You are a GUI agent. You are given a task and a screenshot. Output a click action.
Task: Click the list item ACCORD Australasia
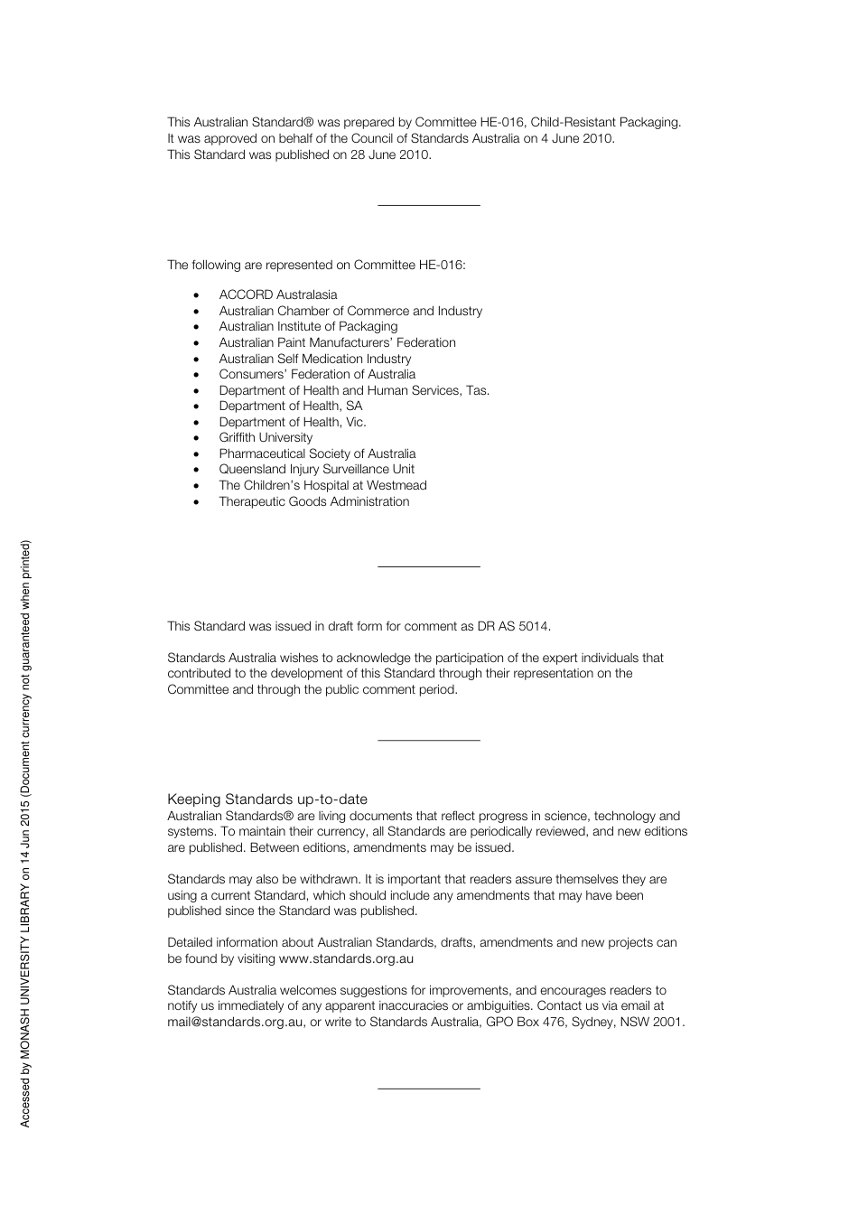(x=277, y=294)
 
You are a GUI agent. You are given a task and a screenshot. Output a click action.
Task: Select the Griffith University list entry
(x=266, y=437)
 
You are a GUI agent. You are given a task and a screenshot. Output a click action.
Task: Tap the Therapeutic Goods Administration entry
(x=313, y=501)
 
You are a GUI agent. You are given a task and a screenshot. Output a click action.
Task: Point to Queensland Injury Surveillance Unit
(x=316, y=469)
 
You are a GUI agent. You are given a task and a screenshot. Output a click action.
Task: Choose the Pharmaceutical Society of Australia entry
(x=317, y=453)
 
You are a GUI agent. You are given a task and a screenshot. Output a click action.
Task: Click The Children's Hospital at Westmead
(x=322, y=485)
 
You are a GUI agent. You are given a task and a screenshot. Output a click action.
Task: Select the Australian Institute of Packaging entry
(x=308, y=326)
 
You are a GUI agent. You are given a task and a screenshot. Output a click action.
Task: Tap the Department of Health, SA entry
(x=290, y=406)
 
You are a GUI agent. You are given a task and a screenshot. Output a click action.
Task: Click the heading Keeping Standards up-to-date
(x=267, y=799)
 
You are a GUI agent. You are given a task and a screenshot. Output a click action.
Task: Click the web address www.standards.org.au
(x=346, y=958)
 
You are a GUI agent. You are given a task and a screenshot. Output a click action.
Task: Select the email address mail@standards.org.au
(x=235, y=1022)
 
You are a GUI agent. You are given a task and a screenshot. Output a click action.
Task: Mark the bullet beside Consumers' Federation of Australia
(x=196, y=375)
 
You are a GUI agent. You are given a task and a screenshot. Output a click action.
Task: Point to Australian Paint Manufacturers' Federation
(x=337, y=342)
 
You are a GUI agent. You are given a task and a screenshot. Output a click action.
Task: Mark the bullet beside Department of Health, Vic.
(x=196, y=423)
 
